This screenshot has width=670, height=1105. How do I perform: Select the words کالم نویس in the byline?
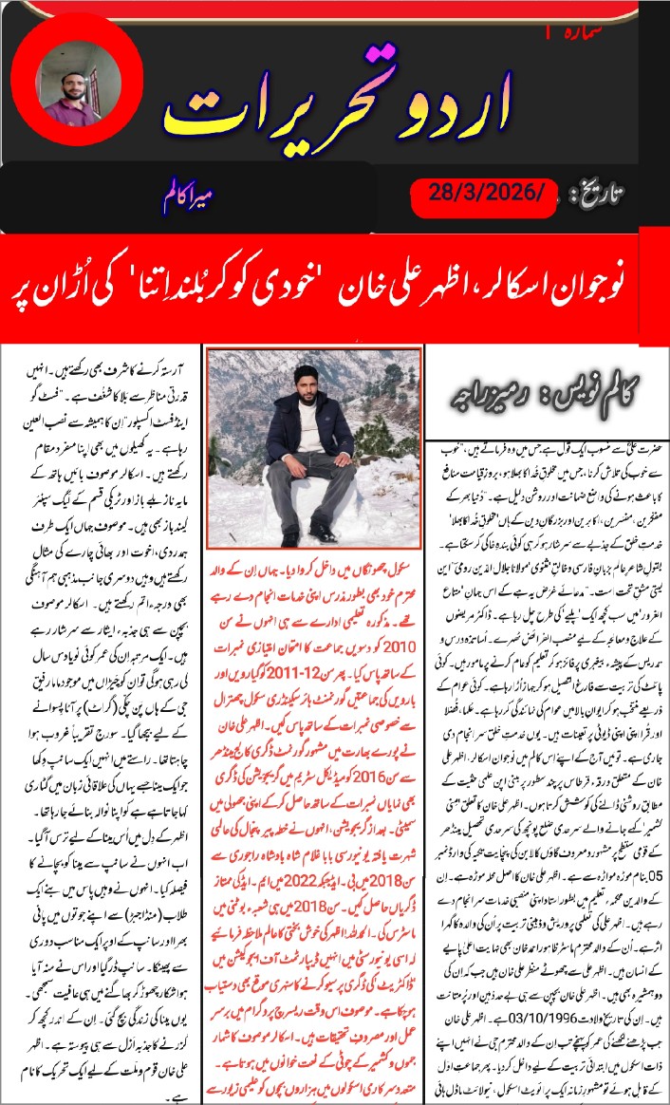(x=598, y=390)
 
